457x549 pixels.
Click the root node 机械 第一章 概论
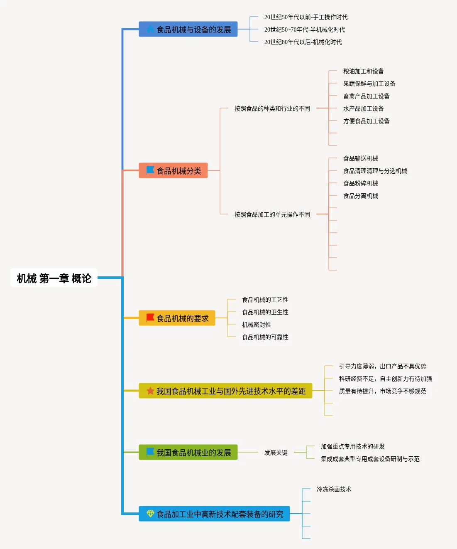click(54, 278)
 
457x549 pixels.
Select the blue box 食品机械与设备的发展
click(188, 30)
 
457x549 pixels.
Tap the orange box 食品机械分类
click(173, 171)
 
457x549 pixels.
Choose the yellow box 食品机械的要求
click(177, 318)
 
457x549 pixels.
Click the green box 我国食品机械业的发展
click(188, 453)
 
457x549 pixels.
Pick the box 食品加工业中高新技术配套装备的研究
click(214, 514)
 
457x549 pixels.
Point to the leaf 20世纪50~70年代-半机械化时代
click(304, 30)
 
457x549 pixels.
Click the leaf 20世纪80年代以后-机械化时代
click(303, 42)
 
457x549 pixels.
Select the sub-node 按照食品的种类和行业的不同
click(272, 108)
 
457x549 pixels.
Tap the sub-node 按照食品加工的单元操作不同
click(272, 214)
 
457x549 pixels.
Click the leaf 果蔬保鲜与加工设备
click(369, 84)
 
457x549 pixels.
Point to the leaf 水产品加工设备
click(363, 108)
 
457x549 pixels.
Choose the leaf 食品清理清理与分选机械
click(375, 171)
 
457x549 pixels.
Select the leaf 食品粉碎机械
click(360, 183)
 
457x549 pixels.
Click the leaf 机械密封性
click(256, 325)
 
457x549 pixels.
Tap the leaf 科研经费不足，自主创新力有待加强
click(385, 379)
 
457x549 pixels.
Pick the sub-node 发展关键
click(276, 453)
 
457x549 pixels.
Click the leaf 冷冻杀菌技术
click(334, 489)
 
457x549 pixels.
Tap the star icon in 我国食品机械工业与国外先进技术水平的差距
click(150, 391)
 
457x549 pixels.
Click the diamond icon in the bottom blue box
click(150, 514)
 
